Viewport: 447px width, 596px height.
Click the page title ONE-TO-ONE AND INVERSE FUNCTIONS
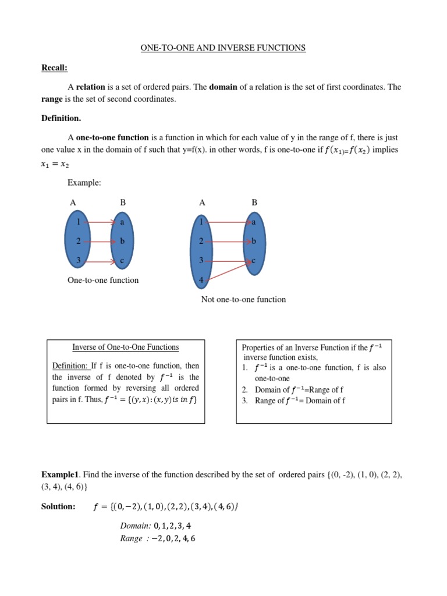click(223, 48)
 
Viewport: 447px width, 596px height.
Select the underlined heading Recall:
click(54, 68)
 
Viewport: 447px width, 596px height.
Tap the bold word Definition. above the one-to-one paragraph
click(61, 118)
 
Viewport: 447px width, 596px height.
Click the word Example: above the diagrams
click(84, 183)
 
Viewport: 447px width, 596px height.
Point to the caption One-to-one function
click(103, 280)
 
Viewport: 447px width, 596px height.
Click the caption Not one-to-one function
click(243, 299)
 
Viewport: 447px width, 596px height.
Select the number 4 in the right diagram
click(201, 280)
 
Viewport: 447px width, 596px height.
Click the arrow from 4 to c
click(228, 270)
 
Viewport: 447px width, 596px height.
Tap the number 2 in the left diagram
click(78, 241)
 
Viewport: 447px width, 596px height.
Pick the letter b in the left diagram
click(122, 241)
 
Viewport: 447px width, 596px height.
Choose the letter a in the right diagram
click(254, 222)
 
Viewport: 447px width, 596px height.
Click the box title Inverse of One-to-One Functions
click(125, 347)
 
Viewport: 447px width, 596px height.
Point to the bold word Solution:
click(58, 506)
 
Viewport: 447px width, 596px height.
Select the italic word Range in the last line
click(131, 538)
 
